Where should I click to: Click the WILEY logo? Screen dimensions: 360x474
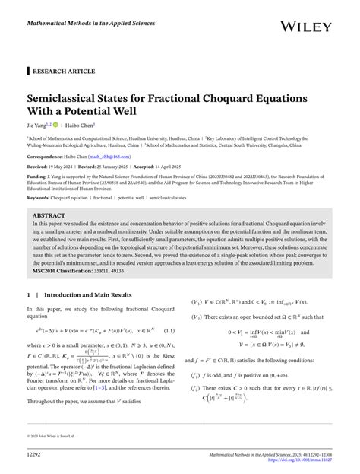point(314,27)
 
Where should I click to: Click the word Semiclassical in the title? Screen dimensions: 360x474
point(74,99)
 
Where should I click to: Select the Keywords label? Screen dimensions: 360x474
point(42,197)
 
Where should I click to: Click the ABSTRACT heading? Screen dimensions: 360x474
point(49,215)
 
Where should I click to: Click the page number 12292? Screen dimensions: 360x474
point(37,455)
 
